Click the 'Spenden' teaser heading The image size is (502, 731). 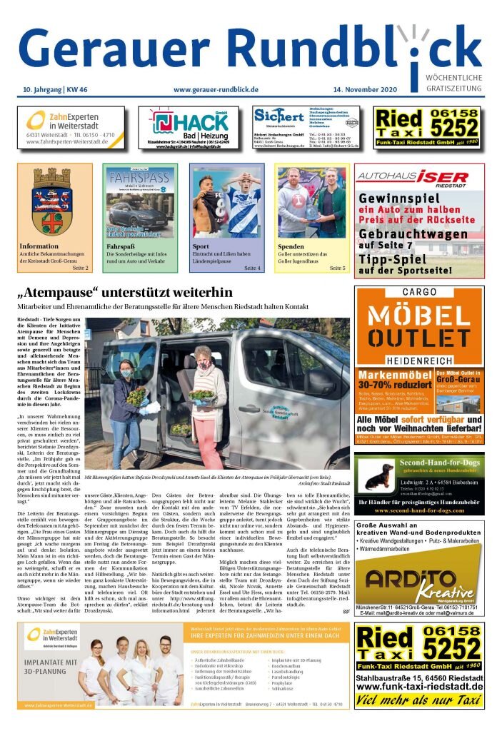tap(291, 246)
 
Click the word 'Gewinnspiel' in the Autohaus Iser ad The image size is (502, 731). tap(397, 198)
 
